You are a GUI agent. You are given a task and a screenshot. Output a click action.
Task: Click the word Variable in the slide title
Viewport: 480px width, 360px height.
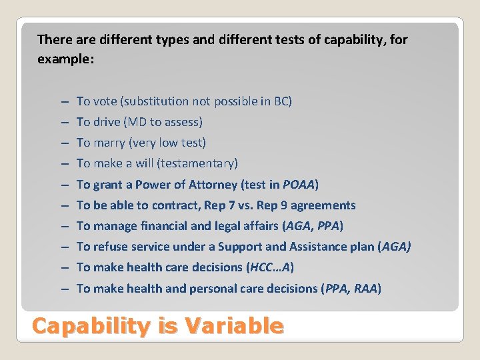click(234, 326)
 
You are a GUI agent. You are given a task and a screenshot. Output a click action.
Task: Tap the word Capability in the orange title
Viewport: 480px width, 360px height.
click(91, 326)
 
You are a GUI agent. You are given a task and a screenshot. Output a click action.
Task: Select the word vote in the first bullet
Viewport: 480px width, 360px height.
click(105, 101)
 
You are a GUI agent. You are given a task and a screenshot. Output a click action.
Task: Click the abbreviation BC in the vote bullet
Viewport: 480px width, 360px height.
click(281, 101)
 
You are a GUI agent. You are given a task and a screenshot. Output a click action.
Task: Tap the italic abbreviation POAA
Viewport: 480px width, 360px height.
click(299, 185)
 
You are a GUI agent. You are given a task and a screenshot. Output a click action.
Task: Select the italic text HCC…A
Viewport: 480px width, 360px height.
click(270, 267)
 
